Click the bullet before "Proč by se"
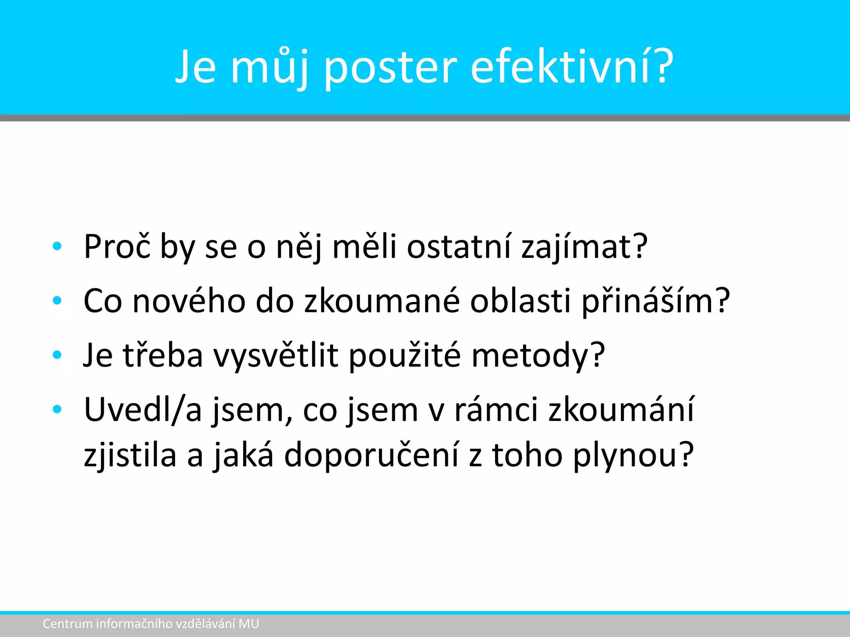57,246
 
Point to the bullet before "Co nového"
57,301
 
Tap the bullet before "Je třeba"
57,355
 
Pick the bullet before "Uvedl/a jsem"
57,409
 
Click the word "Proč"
117,246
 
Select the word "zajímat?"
584,246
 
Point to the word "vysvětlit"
276,355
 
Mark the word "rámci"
496,409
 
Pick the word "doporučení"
371,455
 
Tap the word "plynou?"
633,455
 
